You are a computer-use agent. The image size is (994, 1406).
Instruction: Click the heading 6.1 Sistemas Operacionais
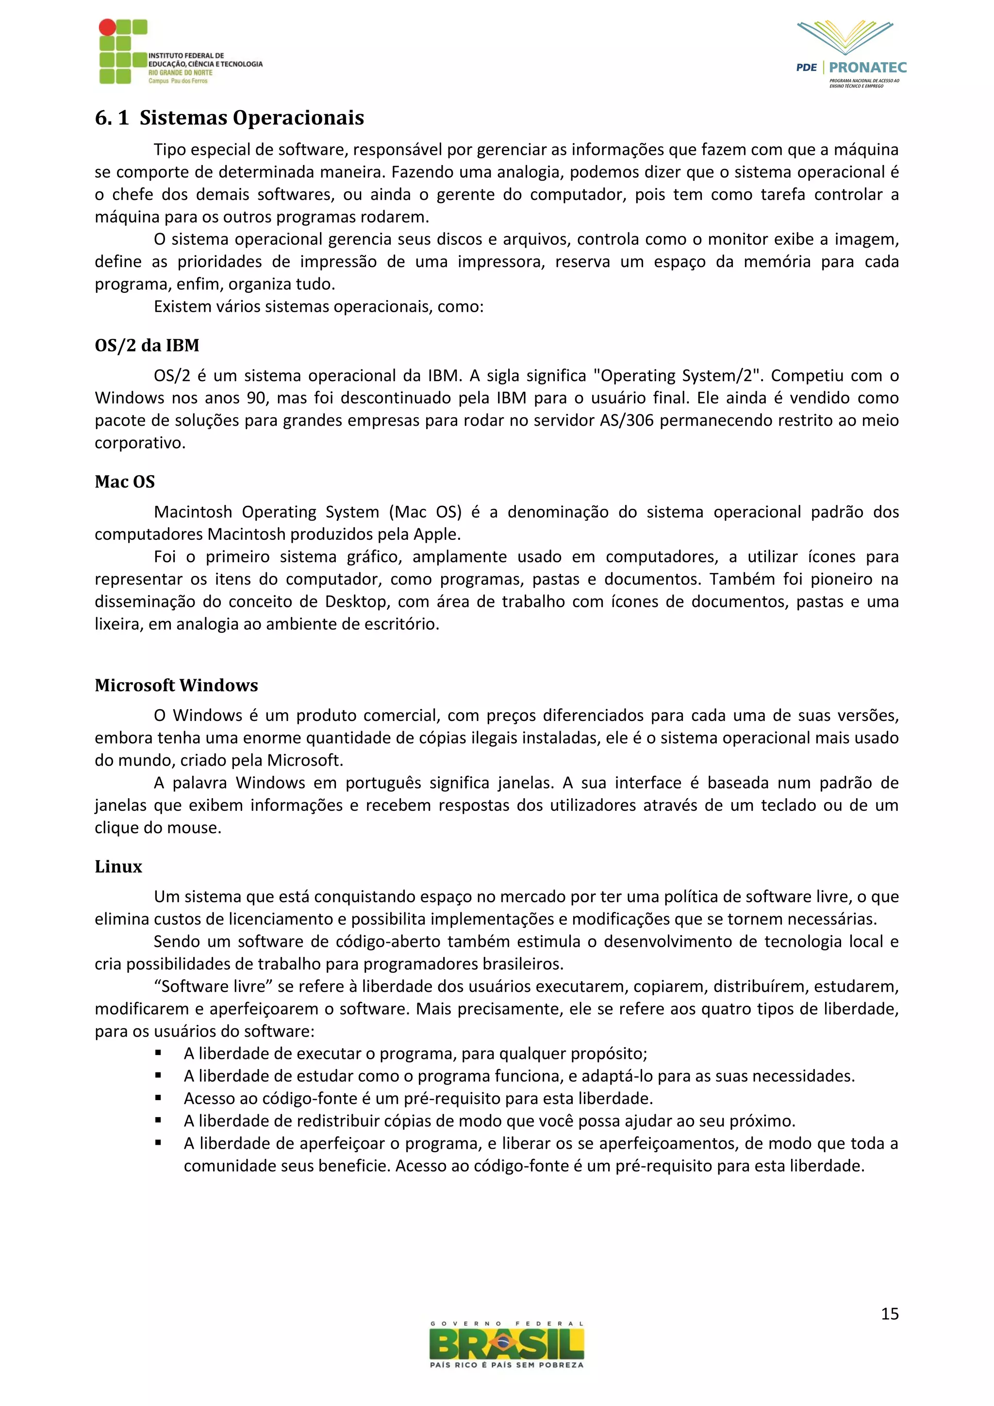230,117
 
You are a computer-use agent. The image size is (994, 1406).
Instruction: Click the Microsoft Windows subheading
176,685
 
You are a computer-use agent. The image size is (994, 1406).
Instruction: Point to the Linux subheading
118,867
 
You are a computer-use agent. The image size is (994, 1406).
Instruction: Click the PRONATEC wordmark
868,67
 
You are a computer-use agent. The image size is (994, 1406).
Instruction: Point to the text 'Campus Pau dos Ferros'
178,81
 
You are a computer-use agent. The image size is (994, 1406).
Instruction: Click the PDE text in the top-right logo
806,67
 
